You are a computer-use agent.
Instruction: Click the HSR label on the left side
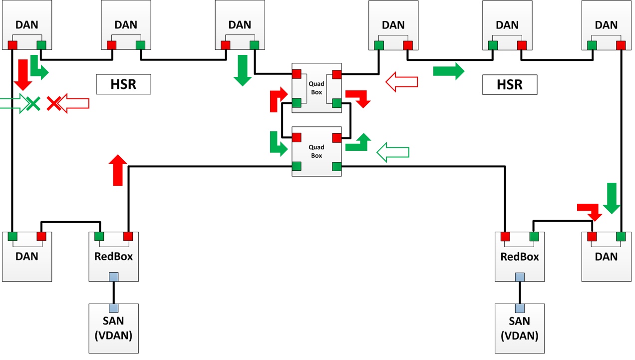(x=123, y=84)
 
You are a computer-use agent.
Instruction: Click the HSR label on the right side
(x=510, y=85)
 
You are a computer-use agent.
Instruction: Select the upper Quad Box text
(x=317, y=88)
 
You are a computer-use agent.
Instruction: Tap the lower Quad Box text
(x=317, y=151)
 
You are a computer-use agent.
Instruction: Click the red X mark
(x=53, y=103)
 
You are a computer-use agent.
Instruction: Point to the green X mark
(x=33, y=103)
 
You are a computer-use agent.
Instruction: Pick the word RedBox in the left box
(x=113, y=257)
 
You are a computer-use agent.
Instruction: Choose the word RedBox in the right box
(x=520, y=257)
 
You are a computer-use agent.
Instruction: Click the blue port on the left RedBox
(x=114, y=277)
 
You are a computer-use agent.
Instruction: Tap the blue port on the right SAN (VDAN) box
(x=520, y=308)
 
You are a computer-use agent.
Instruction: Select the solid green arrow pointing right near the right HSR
(x=449, y=71)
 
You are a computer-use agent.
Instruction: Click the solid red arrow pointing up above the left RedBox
(x=118, y=170)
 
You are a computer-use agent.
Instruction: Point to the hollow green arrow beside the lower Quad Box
(x=393, y=152)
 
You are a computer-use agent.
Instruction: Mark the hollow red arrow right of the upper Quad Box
(x=402, y=82)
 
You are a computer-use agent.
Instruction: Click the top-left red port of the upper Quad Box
(x=297, y=74)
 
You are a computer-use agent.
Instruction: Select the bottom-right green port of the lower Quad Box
(x=337, y=166)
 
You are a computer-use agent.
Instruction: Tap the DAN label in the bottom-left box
(x=26, y=257)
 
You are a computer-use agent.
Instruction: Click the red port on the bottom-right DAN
(x=592, y=236)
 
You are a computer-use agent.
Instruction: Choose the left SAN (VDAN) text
(x=113, y=328)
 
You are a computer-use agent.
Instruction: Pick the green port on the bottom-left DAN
(x=12, y=236)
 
